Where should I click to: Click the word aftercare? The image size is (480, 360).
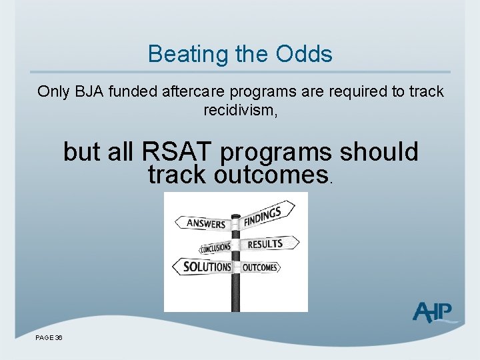tap(189, 92)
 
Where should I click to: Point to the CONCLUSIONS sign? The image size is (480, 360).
tap(215, 247)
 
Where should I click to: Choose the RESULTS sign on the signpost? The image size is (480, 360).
tap(267, 243)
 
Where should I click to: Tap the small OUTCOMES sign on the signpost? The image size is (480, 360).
tap(260, 267)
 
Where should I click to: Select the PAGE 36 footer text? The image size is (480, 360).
tap(49, 338)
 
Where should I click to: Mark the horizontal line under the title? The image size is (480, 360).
tap(240, 72)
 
